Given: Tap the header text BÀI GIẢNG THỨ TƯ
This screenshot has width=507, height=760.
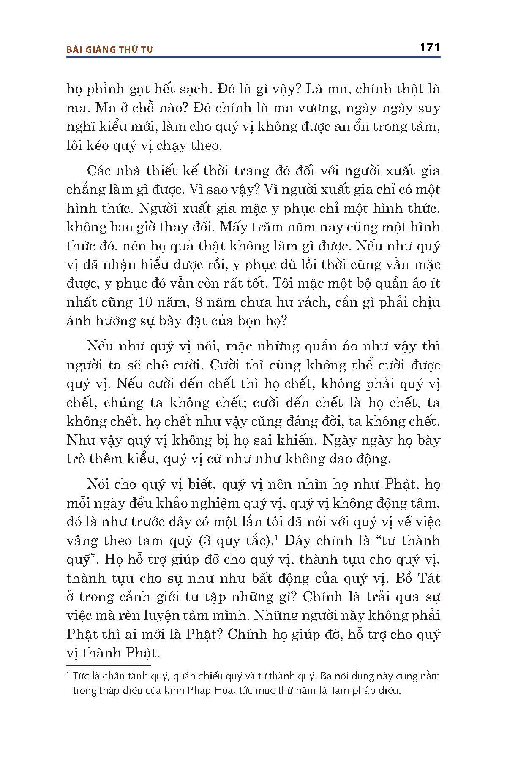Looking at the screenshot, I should [110, 49].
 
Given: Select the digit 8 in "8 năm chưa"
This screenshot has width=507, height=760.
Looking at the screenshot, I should [188, 302].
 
